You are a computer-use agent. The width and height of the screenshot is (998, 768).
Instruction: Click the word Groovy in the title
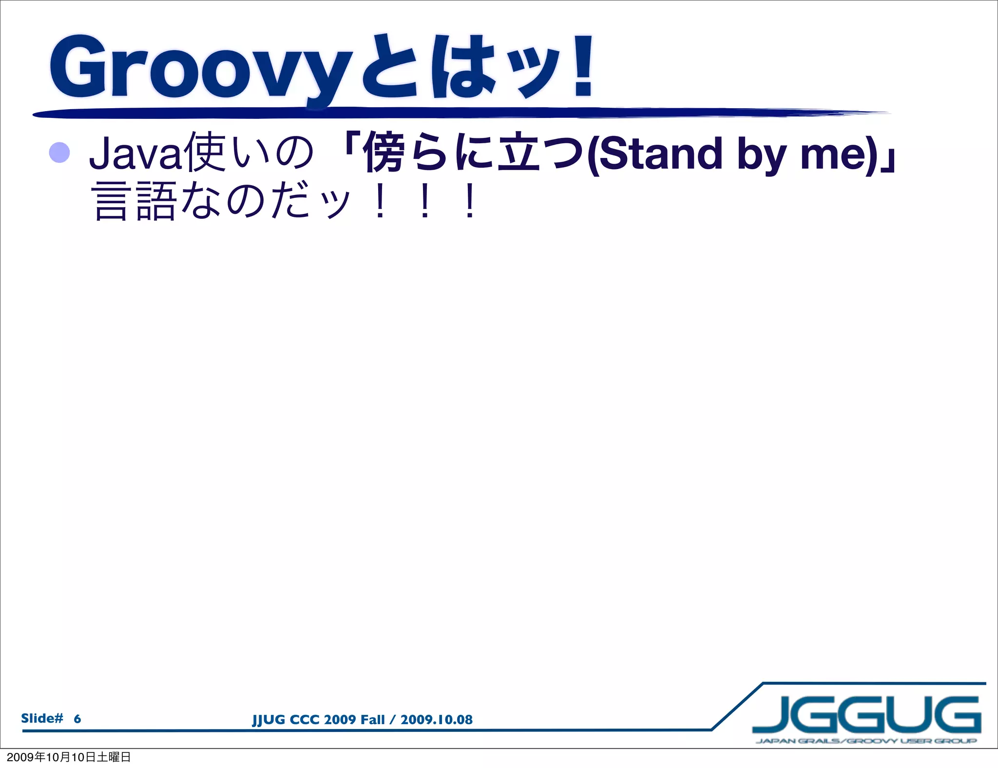click(200, 68)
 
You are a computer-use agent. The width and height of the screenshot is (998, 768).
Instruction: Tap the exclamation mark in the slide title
click(583, 65)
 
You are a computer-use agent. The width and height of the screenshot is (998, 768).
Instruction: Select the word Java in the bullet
click(135, 154)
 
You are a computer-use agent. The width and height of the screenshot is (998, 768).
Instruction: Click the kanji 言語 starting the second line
click(134, 201)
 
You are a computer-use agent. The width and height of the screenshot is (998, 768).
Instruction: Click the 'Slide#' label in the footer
click(42, 718)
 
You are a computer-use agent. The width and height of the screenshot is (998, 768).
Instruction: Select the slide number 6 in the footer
click(77, 719)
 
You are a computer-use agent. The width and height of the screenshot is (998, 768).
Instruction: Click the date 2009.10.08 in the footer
click(436, 720)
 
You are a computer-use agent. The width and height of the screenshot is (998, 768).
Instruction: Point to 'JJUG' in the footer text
click(269, 720)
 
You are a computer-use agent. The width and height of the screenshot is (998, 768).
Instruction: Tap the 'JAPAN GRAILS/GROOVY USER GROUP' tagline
click(866, 741)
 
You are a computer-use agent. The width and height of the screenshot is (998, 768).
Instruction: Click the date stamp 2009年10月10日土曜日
click(69, 757)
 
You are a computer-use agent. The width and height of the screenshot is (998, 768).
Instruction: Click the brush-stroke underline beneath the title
click(439, 114)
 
